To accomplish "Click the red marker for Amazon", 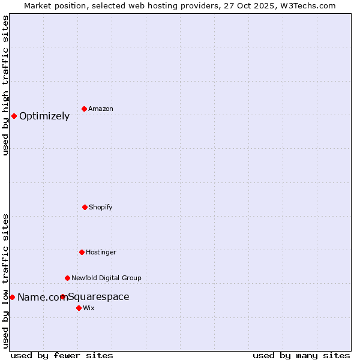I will (x=84, y=109).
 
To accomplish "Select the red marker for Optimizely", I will (x=14, y=116).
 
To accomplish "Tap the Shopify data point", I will (x=85, y=207).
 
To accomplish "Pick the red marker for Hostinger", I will (x=82, y=252).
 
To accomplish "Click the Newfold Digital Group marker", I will (x=67, y=278).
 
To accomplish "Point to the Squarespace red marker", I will (x=62, y=296).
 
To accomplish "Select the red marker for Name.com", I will (x=12, y=297).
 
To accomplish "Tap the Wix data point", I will (x=79, y=308).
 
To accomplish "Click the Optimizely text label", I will (x=44, y=116).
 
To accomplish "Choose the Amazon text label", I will (x=101, y=109).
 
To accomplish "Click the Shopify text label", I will (x=101, y=208).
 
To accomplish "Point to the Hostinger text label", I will (x=101, y=253).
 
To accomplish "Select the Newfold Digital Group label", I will (x=106, y=278).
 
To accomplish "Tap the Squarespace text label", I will (x=98, y=297).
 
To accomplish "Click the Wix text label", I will (x=89, y=308).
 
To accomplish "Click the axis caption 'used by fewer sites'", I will (x=62, y=355).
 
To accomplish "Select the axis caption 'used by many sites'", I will (x=301, y=355).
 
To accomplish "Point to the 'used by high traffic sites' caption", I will (x=5, y=85).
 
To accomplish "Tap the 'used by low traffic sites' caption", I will (x=5, y=281).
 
